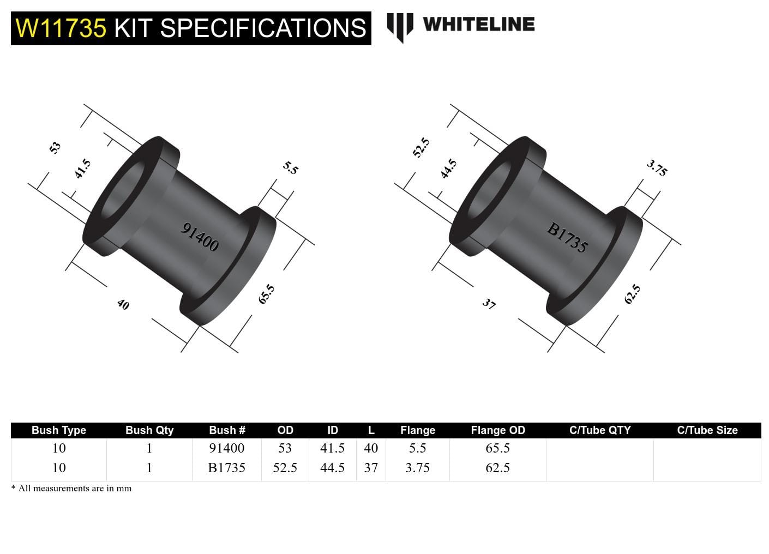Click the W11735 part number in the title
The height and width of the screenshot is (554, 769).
(x=61, y=28)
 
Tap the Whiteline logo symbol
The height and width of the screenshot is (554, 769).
(x=400, y=26)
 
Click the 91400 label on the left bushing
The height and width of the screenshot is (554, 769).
(x=200, y=237)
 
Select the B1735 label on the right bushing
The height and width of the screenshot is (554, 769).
(x=567, y=238)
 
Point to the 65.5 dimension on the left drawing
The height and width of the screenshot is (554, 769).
(x=266, y=294)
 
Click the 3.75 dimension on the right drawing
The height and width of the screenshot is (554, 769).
(x=657, y=167)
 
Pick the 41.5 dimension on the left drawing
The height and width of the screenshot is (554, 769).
(x=82, y=169)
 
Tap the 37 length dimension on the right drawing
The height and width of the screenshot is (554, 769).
(x=489, y=304)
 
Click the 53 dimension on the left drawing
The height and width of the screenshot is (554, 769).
(x=55, y=148)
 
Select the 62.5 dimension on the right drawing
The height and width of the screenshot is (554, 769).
(x=632, y=294)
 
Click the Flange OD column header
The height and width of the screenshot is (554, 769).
(x=497, y=430)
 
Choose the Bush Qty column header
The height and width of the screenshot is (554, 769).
(x=149, y=430)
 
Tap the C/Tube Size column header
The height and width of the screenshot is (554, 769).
(x=707, y=430)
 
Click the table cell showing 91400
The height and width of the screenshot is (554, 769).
(x=226, y=448)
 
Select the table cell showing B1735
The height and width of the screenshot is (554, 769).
(x=226, y=468)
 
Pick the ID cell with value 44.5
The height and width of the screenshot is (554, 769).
(x=332, y=468)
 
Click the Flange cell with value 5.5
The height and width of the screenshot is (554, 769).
(x=417, y=448)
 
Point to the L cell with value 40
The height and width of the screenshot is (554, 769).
(x=371, y=448)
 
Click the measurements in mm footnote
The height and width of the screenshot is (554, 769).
(x=71, y=489)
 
